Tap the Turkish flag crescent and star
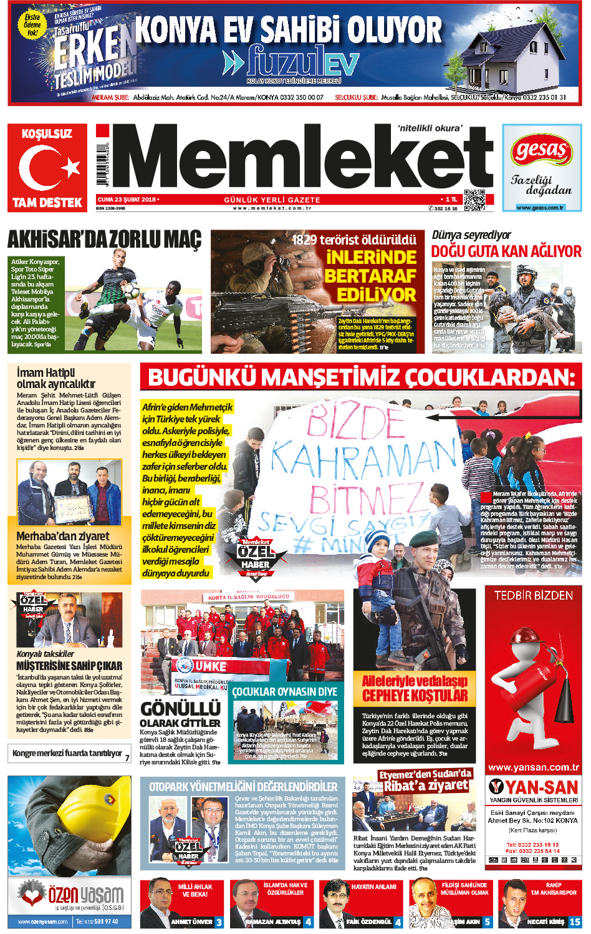pyautogui.click(x=47, y=167)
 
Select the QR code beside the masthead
pyautogui.click(x=474, y=200)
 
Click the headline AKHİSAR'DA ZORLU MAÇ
pyautogui.click(x=105, y=241)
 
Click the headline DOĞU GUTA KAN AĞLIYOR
pyautogui.click(x=506, y=251)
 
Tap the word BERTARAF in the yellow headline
pyautogui.click(x=370, y=276)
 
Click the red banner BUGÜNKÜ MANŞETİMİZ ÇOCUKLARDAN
pyautogui.click(x=361, y=377)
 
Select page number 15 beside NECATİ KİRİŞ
pyautogui.click(x=574, y=922)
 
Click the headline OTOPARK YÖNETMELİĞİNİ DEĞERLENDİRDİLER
pyautogui.click(x=243, y=787)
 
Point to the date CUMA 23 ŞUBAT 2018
pyautogui.click(x=127, y=200)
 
